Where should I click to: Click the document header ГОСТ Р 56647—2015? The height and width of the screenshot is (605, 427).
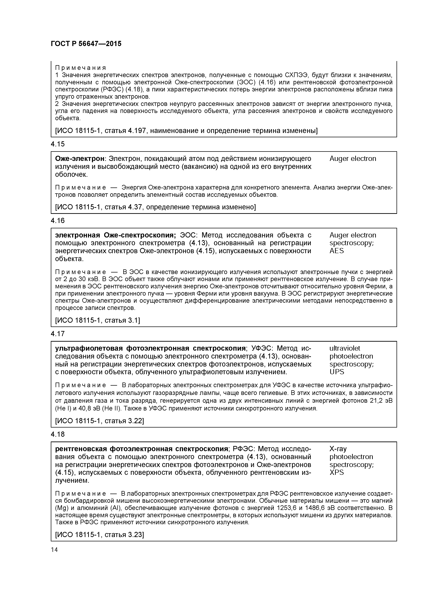[x=86, y=44]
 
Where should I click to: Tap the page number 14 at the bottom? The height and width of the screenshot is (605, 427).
[x=54, y=550]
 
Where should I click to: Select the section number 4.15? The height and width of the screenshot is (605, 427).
[x=58, y=144]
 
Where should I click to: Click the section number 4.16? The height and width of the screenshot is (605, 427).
[x=58, y=221]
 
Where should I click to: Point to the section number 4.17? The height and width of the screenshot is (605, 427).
[x=58, y=334]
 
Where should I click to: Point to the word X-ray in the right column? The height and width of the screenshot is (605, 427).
[x=338, y=448]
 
